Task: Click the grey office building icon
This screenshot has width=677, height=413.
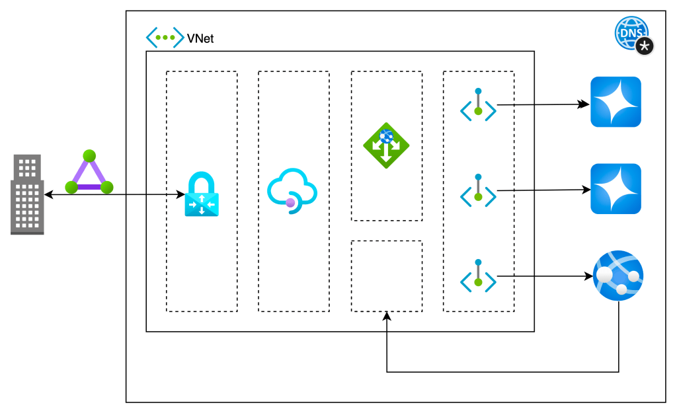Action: [x=27, y=194]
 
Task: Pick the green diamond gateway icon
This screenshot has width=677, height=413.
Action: [x=386, y=145]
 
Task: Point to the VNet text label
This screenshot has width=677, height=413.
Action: [x=200, y=39]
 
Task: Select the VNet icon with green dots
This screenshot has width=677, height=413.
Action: [x=165, y=38]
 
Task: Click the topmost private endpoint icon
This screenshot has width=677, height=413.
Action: [x=478, y=105]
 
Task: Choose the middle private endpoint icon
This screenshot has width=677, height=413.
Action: [x=478, y=191]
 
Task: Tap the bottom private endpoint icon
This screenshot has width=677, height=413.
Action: [x=478, y=276]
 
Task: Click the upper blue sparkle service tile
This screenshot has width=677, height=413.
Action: [x=616, y=102]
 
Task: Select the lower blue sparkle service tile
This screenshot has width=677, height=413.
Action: [x=616, y=189]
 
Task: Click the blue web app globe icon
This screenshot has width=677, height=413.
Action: [x=617, y=276]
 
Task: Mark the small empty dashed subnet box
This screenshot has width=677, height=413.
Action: [x=386, y=276]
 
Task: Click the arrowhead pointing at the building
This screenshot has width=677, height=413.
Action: [x=48, y=195]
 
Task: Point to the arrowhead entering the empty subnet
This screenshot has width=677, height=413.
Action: [x=387, y=317]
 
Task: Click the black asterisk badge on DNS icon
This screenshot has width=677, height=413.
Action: [x=645, y=46]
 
